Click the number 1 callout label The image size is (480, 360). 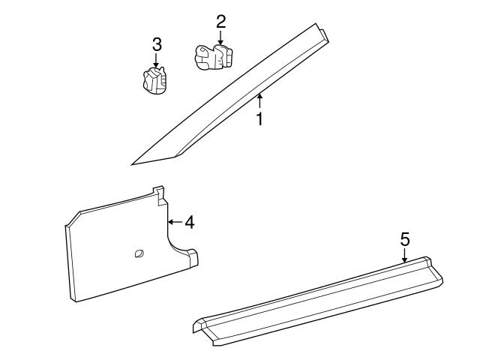(259, 119)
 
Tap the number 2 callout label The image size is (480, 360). (220, 21)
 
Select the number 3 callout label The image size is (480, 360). (156, 43)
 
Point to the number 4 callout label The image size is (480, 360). (190, 222)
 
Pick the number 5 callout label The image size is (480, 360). (404, 239)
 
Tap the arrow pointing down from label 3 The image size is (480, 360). (156, 61)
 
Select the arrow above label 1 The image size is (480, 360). (259, 100)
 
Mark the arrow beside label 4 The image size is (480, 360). (175, 222)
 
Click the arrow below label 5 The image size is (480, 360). (404, 256)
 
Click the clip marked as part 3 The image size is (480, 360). (154, 79)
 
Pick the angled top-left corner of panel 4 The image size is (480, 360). (73, 219)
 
